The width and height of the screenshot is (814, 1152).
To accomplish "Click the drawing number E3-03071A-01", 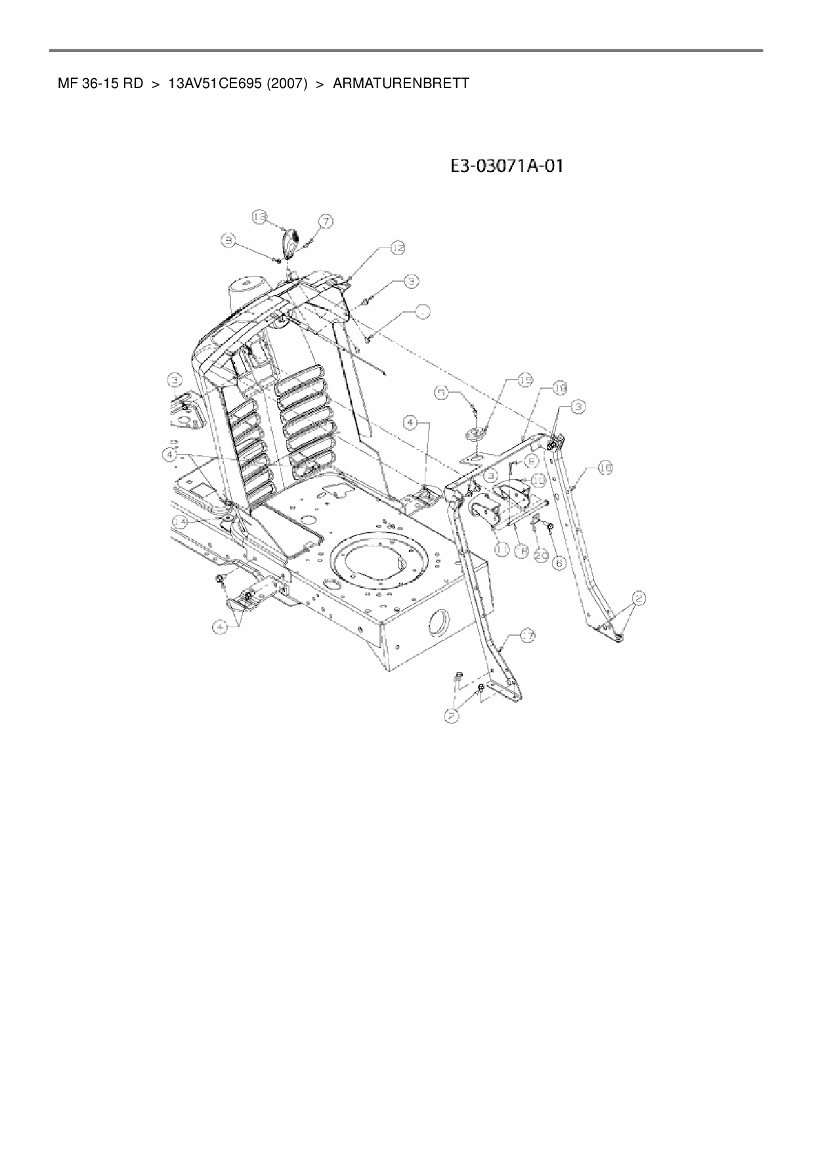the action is click(x=506, y=166).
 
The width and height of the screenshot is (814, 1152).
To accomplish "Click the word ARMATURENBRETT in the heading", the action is click(x=401, y=84).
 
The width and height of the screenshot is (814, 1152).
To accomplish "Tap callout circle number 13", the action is click(x=260, y=216).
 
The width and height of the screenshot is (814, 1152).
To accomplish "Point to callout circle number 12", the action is click(x=398, y=247).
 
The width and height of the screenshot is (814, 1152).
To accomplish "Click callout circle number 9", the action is click(x=228, y=242).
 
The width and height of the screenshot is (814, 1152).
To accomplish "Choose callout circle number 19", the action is click(x=559, y=389).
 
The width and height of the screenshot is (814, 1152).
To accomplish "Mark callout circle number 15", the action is click(x=525, y=380).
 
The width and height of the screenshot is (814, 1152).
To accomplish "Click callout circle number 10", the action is click(x=538, y=479).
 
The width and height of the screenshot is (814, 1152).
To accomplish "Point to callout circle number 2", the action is click(x=639, y=598).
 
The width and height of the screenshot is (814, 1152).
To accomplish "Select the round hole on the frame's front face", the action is click(x=437, y=623).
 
